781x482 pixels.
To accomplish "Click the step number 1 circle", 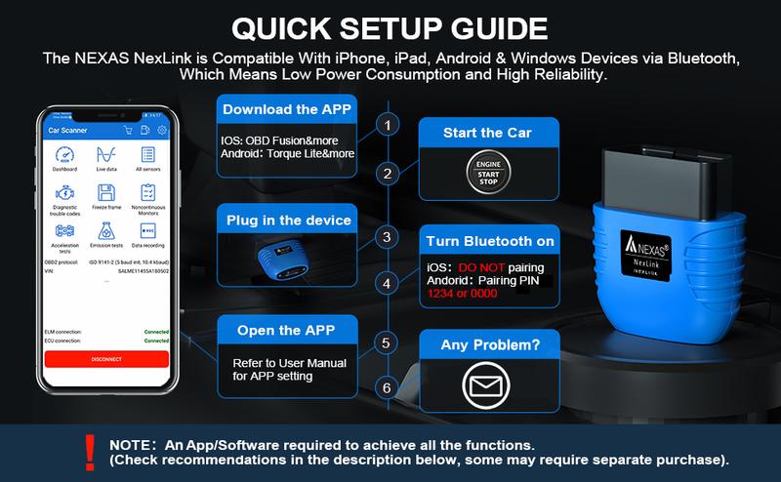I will point(389,126).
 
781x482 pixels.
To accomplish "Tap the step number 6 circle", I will point(389,388).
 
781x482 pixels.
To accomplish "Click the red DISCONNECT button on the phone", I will point(107,358).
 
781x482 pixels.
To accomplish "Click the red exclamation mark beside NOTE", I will point(90,450).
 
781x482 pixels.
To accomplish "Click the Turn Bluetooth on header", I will point(488,240).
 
